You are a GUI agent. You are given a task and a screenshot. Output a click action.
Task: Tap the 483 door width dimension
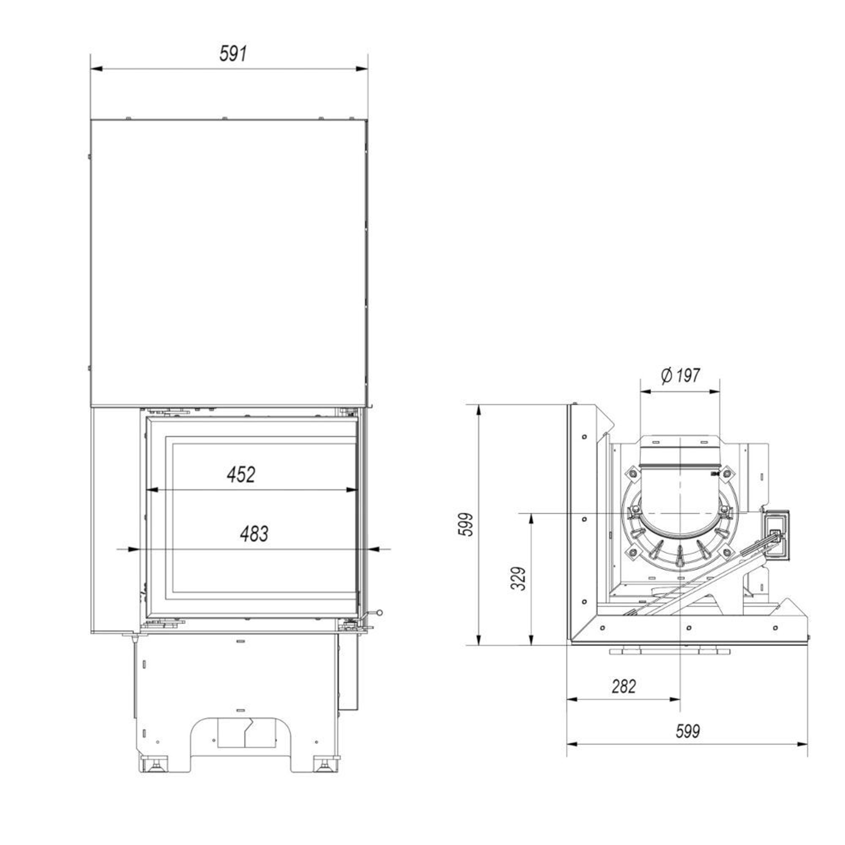coord(254,533)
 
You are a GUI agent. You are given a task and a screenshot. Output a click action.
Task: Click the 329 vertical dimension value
coord(518,579)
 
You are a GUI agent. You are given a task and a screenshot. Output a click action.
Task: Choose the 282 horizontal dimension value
coord(623,686)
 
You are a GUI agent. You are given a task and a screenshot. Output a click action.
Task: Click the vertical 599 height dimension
coord(466,524)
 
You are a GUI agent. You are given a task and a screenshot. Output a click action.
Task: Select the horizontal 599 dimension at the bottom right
coord(688,731)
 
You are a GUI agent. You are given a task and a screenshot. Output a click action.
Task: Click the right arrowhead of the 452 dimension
coord(352,490)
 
